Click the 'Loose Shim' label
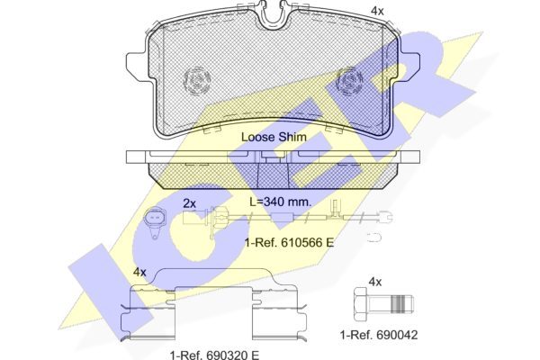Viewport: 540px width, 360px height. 274,137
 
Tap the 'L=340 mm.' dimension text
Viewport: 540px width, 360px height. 280,202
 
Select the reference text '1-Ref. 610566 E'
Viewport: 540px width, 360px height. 289,243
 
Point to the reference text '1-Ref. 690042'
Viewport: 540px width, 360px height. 379,335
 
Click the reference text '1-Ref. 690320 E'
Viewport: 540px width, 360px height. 214,355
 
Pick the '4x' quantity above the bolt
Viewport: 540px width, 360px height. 375,282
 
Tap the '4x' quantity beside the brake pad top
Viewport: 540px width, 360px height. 377,12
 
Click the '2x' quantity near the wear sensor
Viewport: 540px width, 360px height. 189,204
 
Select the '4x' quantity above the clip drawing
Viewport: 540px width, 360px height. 139,273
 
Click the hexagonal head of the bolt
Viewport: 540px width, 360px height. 361,304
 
